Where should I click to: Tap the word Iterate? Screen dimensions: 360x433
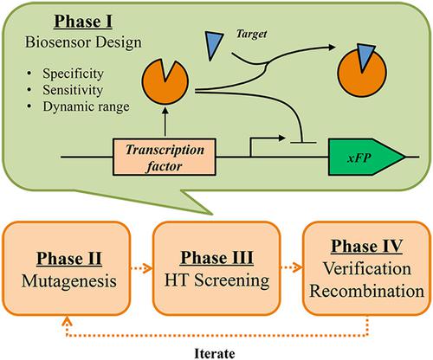tap(215, 350)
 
